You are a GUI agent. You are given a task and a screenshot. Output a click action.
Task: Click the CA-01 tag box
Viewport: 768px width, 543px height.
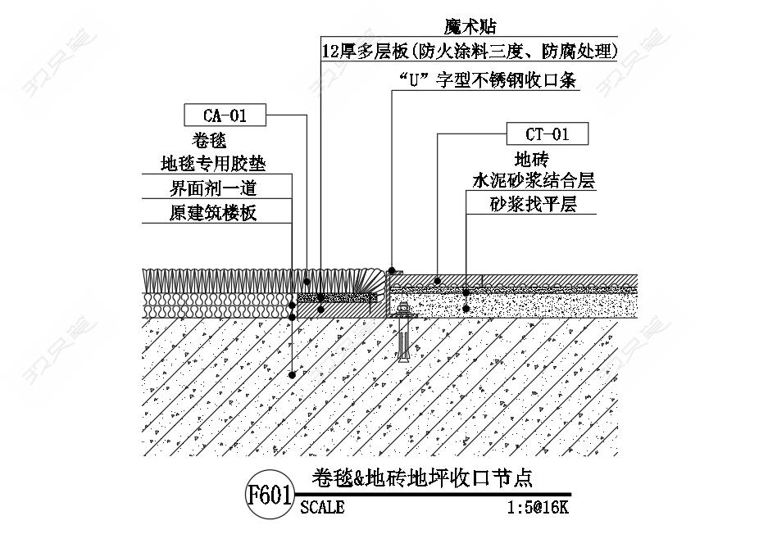[225, 115]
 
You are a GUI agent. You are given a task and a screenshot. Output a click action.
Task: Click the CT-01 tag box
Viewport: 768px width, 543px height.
[547, 133]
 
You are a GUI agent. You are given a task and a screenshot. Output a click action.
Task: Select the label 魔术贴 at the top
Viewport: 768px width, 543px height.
[470, 26]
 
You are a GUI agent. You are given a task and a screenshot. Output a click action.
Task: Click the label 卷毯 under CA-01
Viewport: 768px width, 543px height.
[209, 141]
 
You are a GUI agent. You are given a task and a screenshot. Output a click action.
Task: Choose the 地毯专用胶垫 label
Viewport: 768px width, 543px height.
[213, 164]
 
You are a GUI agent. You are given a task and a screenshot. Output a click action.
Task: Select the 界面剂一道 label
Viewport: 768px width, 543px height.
[213, 188]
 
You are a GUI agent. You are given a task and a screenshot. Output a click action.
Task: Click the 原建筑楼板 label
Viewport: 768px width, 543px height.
[213, 213]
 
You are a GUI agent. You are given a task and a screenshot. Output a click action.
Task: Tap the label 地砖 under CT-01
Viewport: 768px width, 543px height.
[532, 159]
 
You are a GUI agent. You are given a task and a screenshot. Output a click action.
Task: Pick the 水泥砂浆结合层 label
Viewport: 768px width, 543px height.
[534, 181]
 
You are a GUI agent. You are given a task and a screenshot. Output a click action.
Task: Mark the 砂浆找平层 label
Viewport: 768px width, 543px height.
[534, 204]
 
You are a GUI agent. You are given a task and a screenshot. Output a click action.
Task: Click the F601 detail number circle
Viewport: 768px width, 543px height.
[270, 495]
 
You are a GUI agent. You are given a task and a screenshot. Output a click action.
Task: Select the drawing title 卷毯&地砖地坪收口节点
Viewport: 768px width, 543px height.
[422, 477]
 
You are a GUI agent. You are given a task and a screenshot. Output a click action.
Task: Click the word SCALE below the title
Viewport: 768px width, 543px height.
[322, 507]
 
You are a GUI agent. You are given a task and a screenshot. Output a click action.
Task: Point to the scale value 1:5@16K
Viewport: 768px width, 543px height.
[538, 507]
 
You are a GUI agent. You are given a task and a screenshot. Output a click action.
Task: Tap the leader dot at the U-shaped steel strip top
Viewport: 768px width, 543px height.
[392, 269]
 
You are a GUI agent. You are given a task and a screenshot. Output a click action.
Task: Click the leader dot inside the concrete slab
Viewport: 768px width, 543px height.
[292, 375]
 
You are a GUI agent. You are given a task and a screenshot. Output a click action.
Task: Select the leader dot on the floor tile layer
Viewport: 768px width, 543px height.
[438, 281]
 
